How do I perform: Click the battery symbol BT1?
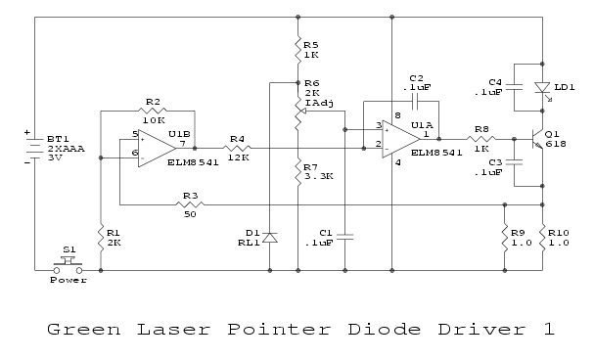(34, 148)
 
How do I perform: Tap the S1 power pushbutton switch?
(68, 264)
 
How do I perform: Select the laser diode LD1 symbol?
(542, 88)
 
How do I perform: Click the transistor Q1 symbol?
(537, 139)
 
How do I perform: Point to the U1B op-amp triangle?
(157, 149)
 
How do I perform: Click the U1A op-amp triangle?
(401, 139)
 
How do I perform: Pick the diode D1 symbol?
(270, 238)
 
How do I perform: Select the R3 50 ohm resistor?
(190, 204)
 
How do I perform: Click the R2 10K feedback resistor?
(153, 111)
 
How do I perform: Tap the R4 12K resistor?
(237, 149)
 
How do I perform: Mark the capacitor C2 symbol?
(415, 101)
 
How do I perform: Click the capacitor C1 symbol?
(344, 237)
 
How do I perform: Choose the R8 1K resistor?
(481, 139)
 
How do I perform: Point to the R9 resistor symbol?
(505, 238)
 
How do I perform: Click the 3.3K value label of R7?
(319, 177)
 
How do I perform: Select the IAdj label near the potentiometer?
(319, 103)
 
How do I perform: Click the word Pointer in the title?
(279, 330)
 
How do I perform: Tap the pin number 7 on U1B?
(183, 144)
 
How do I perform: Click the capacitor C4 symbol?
(514, 87)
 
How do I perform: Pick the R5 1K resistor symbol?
(297, 50)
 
